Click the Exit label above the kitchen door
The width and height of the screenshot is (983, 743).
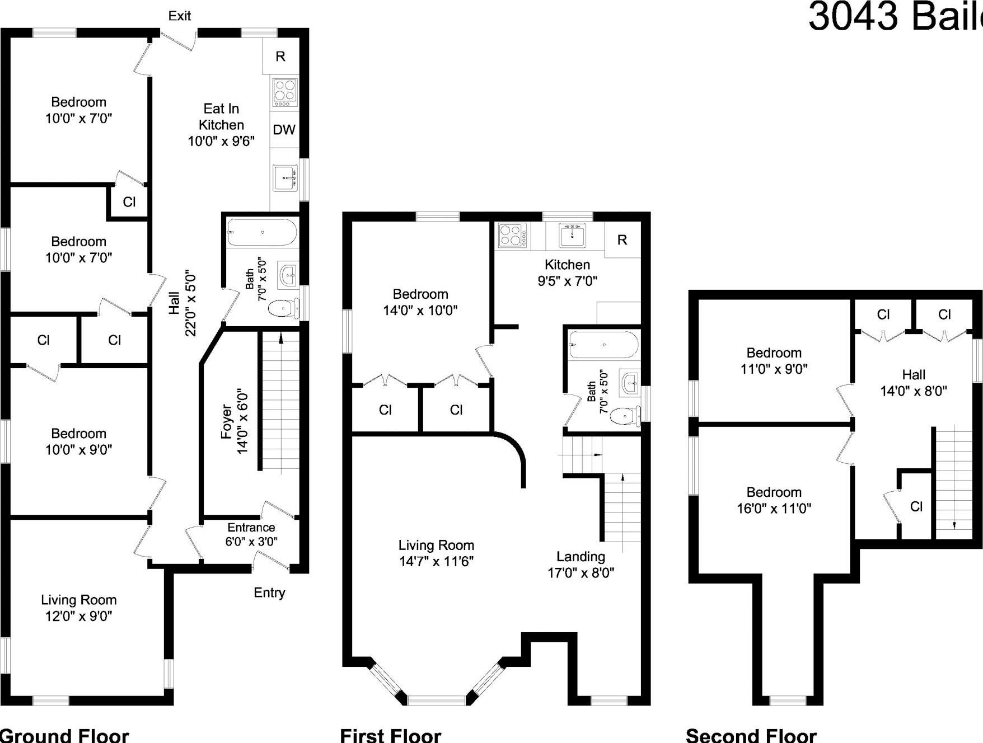click(180, 16)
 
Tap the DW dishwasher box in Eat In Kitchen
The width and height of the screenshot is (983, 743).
click(284, 130)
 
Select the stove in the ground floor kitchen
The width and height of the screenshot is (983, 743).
click(284, 92)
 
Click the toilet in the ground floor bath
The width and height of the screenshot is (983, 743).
click(283, 309)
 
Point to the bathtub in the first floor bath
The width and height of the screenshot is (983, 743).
click(603, 345)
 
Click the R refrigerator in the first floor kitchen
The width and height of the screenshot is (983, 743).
click(622, 240)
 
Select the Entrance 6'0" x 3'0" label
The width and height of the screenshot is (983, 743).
click(251, 534)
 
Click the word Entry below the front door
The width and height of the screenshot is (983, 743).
click(269, 592)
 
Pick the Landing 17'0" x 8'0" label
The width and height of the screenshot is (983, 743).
click(581, 564)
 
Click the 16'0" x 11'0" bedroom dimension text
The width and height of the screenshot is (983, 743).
click(774, 508)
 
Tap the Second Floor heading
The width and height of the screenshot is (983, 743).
click(751, 735)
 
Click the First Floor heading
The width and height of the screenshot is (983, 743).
click(390, 735)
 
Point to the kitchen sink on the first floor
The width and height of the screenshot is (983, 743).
click(572, 236)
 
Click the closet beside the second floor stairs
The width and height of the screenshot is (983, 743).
click(916, 506)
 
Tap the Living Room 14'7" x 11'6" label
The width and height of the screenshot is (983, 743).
click(436, 553)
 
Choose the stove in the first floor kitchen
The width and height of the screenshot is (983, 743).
click(513, 236)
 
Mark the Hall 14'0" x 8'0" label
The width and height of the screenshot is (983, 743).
click(913, 383)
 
